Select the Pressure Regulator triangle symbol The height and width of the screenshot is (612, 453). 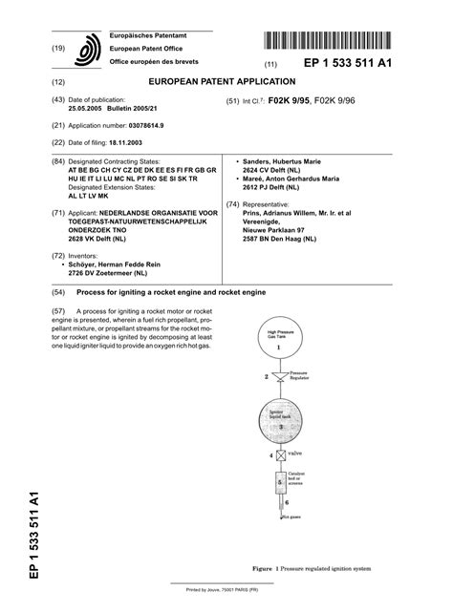[278, 379]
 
